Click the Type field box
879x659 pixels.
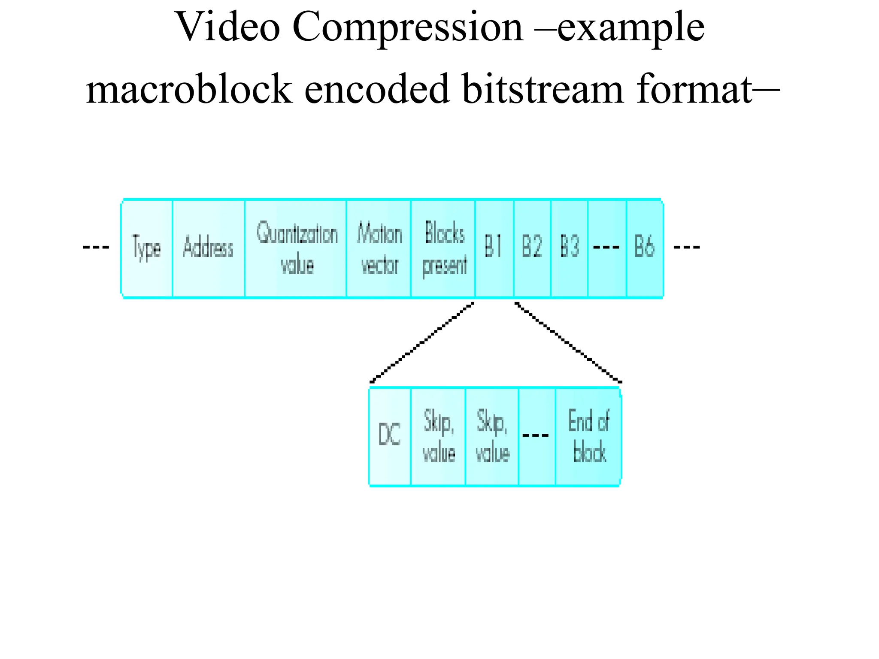147,248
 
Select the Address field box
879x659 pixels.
208,248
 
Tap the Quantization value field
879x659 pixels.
296,248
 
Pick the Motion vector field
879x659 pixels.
379,248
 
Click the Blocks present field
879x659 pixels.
443,248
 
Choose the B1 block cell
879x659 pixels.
494,248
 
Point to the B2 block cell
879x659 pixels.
532,248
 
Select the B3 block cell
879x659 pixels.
569,248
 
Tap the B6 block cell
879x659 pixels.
644,248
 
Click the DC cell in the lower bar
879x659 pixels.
390,436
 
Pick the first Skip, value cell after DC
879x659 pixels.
438,436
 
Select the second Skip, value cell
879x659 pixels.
492,436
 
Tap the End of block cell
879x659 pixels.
588,436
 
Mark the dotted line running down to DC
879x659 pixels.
422,342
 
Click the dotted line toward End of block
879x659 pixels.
567,342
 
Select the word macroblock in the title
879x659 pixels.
189,89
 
